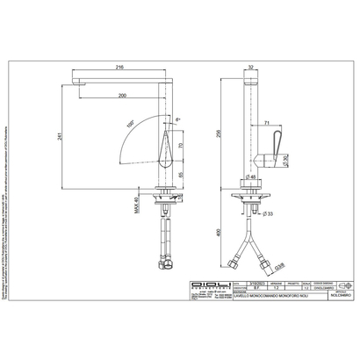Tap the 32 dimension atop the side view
pos(253,66)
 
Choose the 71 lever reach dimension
pos(265,124)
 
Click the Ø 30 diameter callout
pos(284,158)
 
